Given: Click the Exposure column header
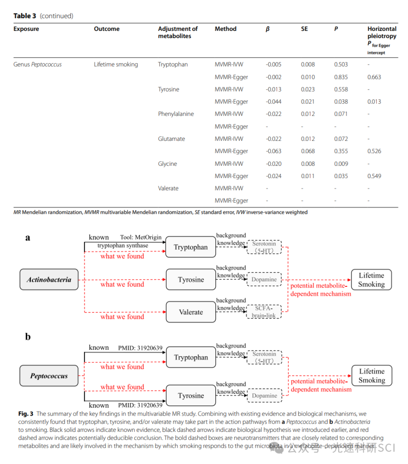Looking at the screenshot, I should tap(26, 29).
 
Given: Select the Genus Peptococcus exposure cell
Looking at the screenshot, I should tap(38, 64).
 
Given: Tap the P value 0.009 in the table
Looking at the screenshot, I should tap(341, 164).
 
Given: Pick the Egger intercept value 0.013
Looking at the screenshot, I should tap(374, 101).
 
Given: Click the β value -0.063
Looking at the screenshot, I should tap(274, 151).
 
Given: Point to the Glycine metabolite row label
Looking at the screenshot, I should tap(167, 164).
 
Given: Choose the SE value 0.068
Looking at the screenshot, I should tap(308, 151).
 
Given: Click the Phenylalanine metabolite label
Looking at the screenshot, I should tap(176, 114).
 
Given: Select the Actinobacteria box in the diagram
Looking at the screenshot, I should tap(49, 280).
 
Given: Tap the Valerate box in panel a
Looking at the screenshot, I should tap(190, 312).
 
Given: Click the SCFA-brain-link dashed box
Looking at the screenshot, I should tap(264, 312).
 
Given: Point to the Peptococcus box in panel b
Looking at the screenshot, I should tap(49, 376).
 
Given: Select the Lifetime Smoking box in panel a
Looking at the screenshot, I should tap(371, 280).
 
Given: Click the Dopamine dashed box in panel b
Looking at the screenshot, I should tap(264, 395).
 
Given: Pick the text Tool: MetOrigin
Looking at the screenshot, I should tap(141, 237).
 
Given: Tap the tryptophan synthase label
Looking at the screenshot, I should tap(123, 245).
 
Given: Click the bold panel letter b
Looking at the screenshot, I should tap(28, 337).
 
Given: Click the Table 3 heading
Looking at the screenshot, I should tap(25, 16).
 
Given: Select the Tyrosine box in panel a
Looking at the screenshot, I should tap(190, 280).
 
